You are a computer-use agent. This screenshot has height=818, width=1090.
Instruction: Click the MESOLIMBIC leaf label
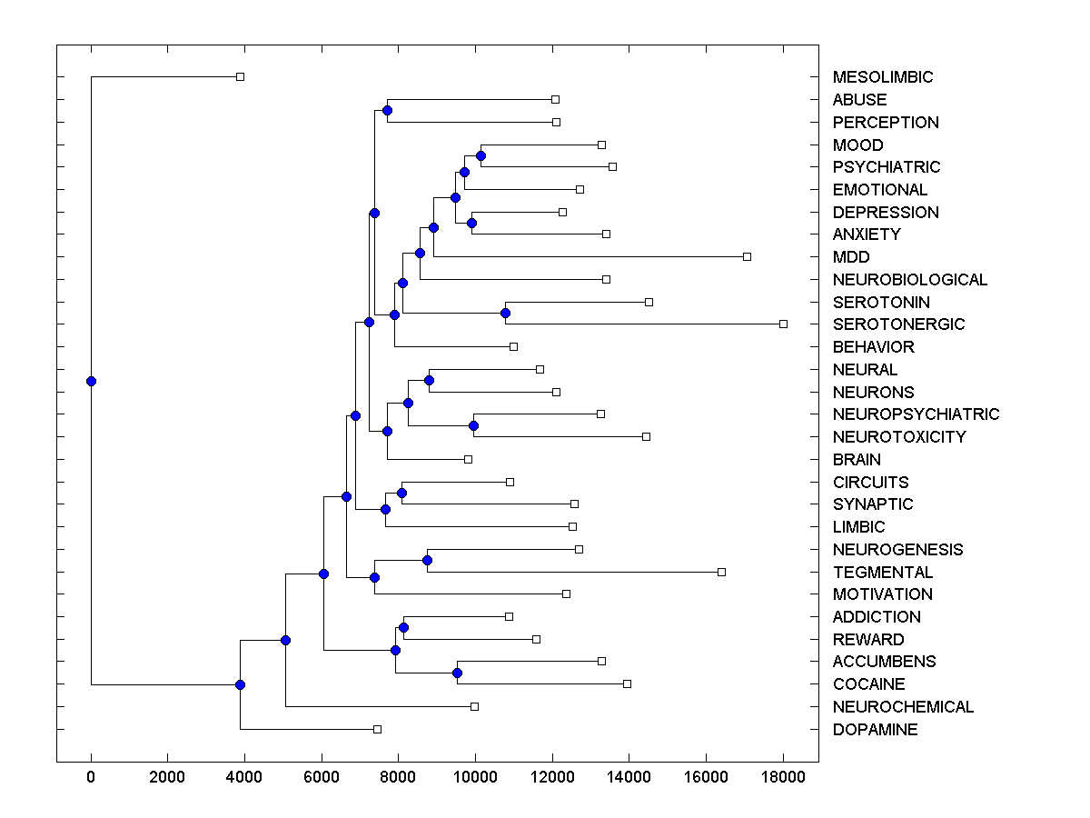point(882,77)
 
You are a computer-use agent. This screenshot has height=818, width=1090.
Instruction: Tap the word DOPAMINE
point(875,730)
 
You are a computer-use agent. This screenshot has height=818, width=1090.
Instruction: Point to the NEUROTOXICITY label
point(898,437)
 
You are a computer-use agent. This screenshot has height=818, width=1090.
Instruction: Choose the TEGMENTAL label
point(882,573)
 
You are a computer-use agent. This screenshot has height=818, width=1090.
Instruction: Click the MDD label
point(850,257)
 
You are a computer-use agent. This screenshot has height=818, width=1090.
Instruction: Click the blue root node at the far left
point(91,381)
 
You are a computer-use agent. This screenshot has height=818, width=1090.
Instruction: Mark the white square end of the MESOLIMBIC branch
point(240,77)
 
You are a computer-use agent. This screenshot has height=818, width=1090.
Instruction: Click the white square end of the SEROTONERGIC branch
point(783,324)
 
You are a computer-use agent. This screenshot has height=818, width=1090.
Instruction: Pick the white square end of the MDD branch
point(747,256)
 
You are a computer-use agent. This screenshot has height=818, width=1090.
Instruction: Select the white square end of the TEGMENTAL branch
point(721,572)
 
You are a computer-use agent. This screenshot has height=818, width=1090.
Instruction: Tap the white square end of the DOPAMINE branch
point(377,729)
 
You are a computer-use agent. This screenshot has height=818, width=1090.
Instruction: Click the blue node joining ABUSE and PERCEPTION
point(387,111)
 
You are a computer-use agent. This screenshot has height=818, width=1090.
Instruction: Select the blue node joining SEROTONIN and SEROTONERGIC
point(505,313)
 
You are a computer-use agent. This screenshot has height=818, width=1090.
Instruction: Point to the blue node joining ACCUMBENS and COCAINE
point(457,673)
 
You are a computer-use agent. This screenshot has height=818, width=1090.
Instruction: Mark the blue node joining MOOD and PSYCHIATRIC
point(481,155)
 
